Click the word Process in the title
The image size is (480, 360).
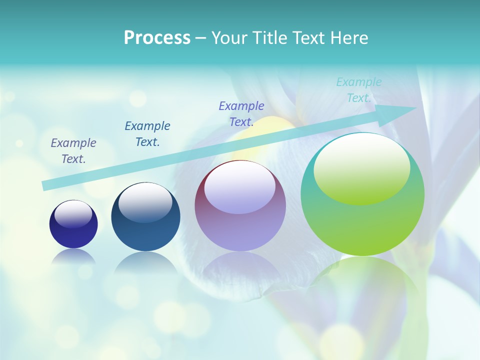157,38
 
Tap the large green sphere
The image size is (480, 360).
362,225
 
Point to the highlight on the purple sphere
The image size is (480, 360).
240,187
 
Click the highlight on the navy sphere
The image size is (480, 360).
73,214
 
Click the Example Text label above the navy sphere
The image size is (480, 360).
73,151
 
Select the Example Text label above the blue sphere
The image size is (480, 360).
147,134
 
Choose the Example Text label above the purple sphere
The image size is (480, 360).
241,114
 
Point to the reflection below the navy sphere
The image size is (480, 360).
73,256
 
